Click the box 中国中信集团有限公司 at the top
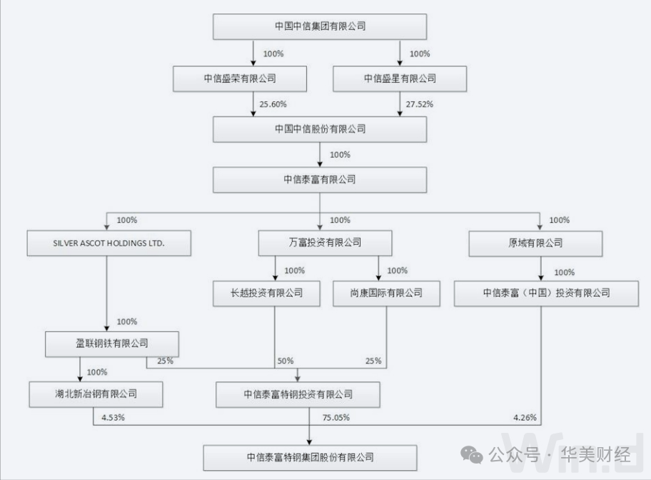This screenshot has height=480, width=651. coord(320,26)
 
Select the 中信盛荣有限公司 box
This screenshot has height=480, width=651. coord(240,78)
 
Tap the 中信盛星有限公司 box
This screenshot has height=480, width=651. coord(400,78)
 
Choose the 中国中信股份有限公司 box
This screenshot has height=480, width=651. coord(320,129)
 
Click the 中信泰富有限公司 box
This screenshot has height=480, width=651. coord(320,179)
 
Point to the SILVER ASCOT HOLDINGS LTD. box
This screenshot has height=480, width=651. coord(109,243)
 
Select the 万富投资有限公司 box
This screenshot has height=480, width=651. coord(325,243)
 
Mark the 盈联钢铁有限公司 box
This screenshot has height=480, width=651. coord(111,344)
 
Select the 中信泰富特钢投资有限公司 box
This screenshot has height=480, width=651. coord(298,394)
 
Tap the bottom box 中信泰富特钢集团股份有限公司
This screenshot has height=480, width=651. coord(310,457)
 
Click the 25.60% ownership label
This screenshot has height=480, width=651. coord(273,104)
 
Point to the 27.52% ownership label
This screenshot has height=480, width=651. coord(419,104)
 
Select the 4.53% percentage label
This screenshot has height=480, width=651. coord(113,417)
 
